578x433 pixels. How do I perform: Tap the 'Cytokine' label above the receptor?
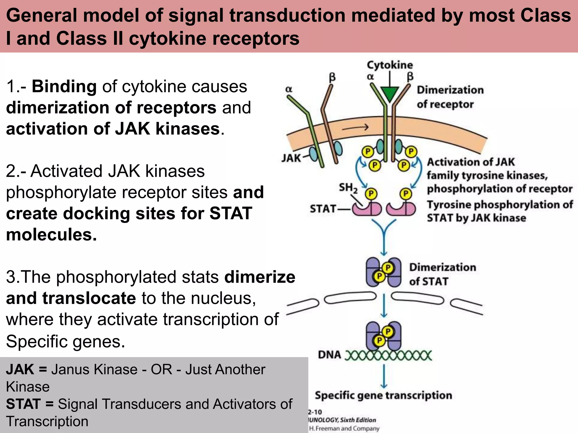[390, 65]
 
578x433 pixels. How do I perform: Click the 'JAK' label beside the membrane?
[291, 158]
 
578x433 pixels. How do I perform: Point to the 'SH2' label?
[348, 188]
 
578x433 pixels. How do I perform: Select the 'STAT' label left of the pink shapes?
[323, 209]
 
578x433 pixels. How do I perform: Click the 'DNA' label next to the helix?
[329, 355]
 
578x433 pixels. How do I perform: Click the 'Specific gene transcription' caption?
[383, 396]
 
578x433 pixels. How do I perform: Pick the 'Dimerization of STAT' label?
[442, 274]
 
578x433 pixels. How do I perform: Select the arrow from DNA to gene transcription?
[384, 376]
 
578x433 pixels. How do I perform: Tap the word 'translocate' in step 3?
[89, 298]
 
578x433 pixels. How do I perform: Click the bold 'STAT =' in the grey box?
[30, 404]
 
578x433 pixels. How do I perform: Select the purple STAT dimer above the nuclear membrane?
[384, 272]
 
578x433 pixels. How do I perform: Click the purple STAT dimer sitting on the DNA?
[384, 336]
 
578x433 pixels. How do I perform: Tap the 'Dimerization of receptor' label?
[450, 97]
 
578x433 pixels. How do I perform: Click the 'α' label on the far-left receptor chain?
[288, 89]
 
